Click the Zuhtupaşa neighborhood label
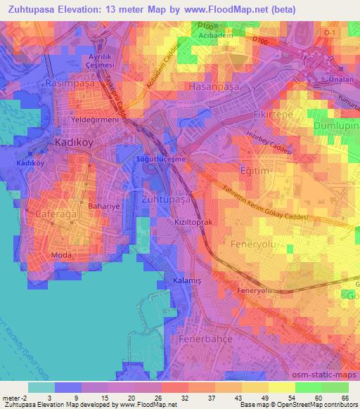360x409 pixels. [x=167, y=200]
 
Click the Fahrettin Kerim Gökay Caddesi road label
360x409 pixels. [x=250, y=204]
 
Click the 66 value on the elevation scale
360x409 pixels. [x=345, y=397]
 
